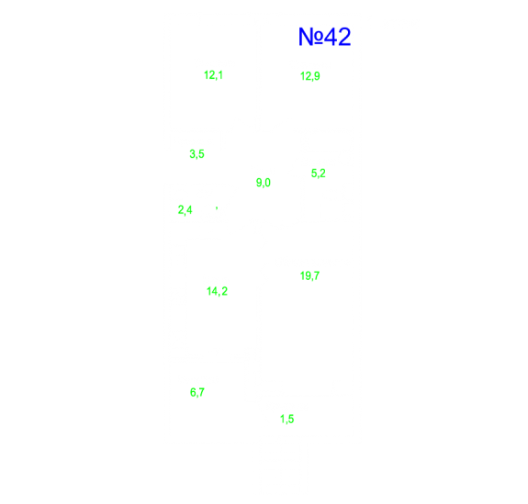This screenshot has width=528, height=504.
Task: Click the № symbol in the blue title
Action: click(x=310, y=37)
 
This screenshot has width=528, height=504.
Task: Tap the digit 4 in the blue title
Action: click(x=331, y=37)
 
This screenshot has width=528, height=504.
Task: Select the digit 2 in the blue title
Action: click(x=344, y=37)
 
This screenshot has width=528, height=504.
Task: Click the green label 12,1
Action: click(x=213, y=75)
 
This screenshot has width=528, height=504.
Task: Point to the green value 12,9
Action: click(x=309, y=76)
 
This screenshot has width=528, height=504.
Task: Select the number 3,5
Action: click(x=197, y=154)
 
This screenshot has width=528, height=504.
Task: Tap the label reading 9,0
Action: click(x=263, y=183)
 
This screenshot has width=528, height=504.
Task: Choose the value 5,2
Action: click(x=319, y=174)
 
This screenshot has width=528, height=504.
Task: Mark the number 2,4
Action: click(x=185, y=210)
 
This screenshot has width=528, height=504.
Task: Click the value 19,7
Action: click(x=309, y=276)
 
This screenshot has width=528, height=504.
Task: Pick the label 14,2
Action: click(x=217, y=291)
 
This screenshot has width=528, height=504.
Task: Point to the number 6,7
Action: click(x=197, y=392)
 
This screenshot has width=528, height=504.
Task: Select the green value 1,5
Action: click(x=286, y=420)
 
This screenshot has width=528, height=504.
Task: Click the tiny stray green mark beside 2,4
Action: click(x=217, y=208)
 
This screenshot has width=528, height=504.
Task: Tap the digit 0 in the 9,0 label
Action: click(x=267, y=183)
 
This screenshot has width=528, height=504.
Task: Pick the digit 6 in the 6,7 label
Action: click(x=193, y=392)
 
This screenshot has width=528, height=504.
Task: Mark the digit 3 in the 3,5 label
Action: click(x=193, y=154)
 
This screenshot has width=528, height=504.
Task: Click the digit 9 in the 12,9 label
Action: click(x=317, y=76)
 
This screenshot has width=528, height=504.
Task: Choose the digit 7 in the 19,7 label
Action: click(x=316, y=275)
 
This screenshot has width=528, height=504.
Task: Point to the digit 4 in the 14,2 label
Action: click(x=214, y=291)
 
